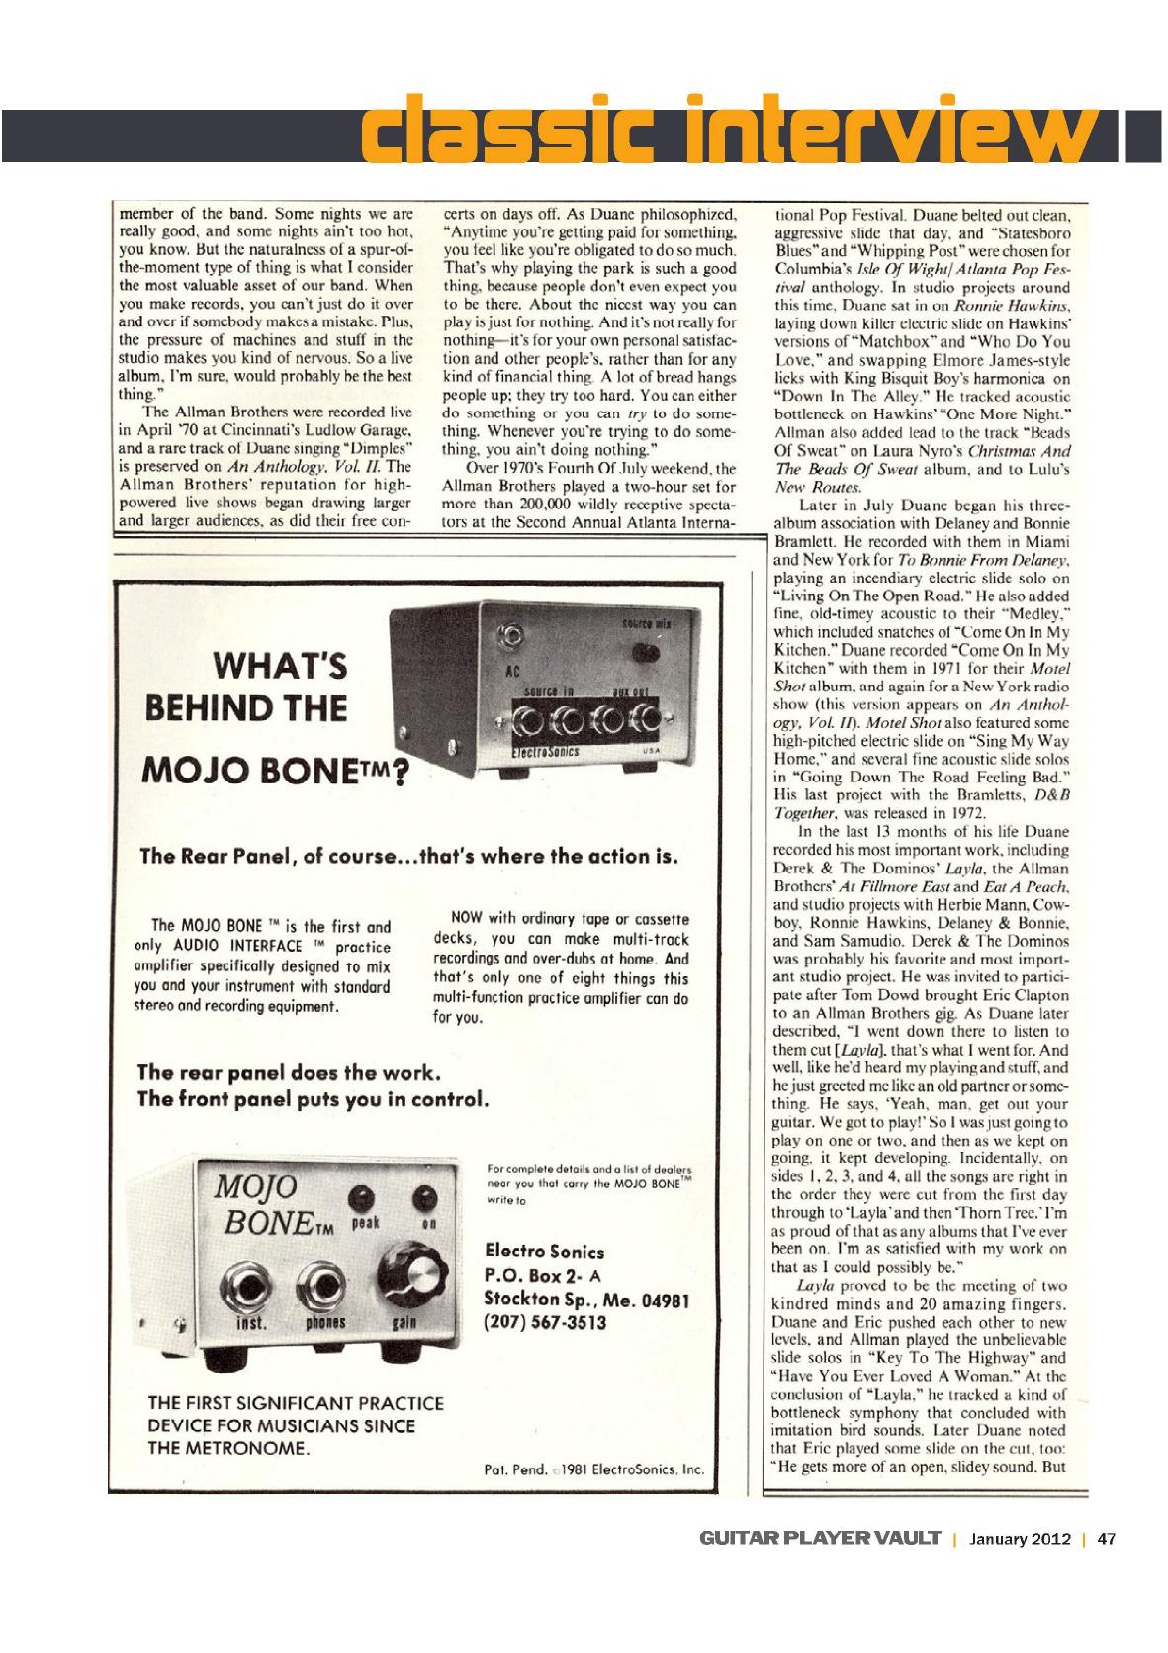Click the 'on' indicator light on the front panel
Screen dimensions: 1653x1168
click(428, 1195)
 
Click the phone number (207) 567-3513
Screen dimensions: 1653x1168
click(545, 1322)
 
